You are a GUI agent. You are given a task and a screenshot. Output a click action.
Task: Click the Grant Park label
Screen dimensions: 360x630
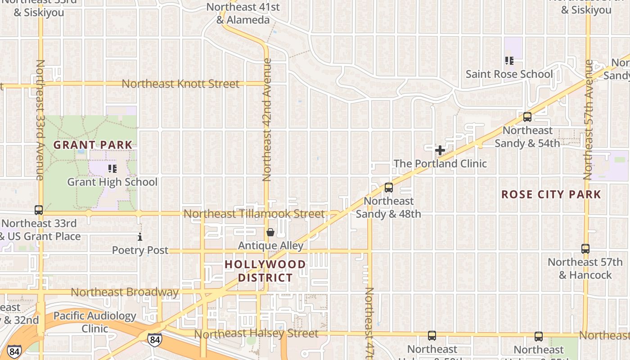coord(93,145)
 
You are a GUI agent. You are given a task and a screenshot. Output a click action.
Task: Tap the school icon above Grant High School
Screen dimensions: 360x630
coord(112,169)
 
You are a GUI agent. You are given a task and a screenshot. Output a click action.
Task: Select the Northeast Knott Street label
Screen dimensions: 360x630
coord(180,84)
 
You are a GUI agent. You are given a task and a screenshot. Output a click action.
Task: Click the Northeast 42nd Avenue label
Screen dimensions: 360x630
coord(267,120)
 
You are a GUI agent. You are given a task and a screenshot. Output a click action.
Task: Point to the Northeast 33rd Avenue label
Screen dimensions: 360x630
coord(40,120)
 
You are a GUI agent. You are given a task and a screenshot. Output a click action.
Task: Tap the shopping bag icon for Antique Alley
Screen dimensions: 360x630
coord(270,232)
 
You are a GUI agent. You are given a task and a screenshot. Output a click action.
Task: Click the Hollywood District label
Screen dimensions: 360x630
coord(265,271)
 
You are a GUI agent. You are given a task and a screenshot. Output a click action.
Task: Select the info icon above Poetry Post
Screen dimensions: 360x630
coord(140,237)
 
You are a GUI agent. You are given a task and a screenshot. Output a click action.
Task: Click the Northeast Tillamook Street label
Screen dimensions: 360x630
coord(254,214)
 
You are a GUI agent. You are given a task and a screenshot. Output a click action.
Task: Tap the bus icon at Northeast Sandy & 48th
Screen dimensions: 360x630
coord(389,188)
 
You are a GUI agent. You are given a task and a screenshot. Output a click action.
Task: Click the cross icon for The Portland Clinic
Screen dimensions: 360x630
coord(440,150)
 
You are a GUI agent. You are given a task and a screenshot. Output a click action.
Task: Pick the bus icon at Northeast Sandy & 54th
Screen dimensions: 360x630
coord(527,117)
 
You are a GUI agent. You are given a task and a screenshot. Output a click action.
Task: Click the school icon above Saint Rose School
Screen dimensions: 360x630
coord(509,60)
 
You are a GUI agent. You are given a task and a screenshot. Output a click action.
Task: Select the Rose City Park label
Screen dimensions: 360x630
coord(551,194)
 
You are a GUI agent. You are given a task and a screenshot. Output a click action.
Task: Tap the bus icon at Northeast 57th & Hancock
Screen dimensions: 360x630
coord(585,248)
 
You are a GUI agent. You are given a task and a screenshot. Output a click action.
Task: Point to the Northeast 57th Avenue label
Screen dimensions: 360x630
coord(588,120)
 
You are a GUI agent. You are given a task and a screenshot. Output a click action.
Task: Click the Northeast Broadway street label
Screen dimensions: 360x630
coord(125,292)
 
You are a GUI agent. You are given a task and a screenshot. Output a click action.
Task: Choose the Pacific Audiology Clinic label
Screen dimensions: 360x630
coord(94,322)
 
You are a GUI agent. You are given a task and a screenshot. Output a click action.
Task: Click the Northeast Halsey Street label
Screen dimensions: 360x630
coord(256,334)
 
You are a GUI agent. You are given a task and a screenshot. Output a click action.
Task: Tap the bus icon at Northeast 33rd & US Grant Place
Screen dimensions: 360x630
coord(39,210)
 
